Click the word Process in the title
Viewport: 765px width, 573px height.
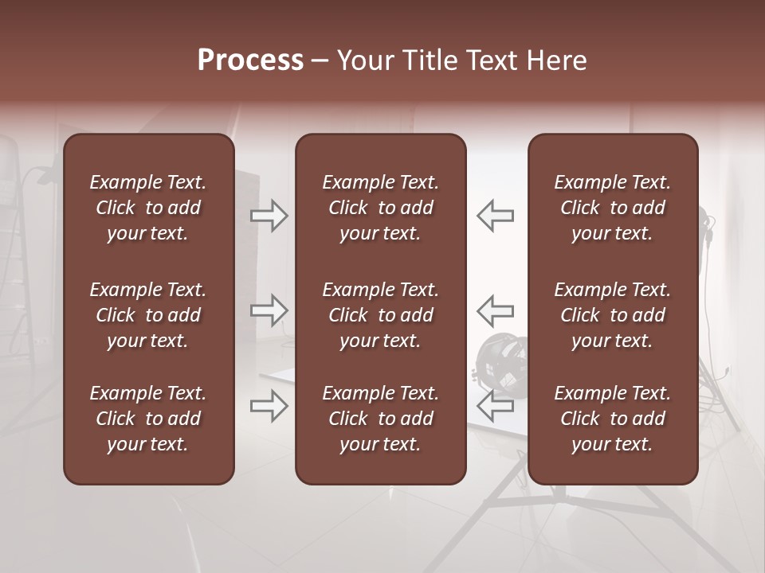(x=250, y=60)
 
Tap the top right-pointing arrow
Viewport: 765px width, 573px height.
(x=269, y=216)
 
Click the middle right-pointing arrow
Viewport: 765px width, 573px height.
(x=269, y=310)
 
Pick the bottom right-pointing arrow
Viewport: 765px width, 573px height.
(x=269, y=406)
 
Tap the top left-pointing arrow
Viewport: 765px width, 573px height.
(x=496, y=216)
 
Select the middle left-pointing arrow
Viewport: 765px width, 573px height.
(x=496, y=310)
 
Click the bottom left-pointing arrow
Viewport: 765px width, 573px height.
(x=496, y=406)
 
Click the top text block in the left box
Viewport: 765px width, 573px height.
(x=148, y=208)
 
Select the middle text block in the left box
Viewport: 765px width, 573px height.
(x=148, y=315)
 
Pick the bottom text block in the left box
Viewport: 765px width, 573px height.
(x=148, y=419)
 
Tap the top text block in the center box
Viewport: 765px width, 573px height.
(x=380, y=208)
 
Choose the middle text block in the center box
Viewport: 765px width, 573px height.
(x=380, y=315)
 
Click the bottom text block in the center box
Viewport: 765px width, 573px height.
(x=380, y=419)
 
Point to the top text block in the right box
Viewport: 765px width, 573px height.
(x=612, y=208)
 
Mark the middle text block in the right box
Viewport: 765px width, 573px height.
(x=612, y=315)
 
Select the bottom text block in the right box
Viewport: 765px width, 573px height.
(x=612, y=419)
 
